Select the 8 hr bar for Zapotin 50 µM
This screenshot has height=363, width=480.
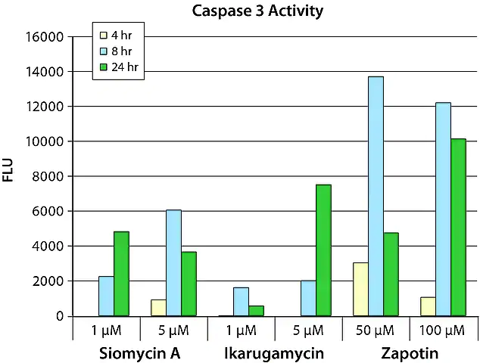coord(376,196)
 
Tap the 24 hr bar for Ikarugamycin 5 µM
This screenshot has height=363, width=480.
coord(323,250)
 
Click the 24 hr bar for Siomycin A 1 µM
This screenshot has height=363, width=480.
coord(121,273)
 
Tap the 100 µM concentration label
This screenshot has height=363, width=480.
coord(442,330)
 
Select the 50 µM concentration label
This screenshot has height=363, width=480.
coord(376,330)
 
